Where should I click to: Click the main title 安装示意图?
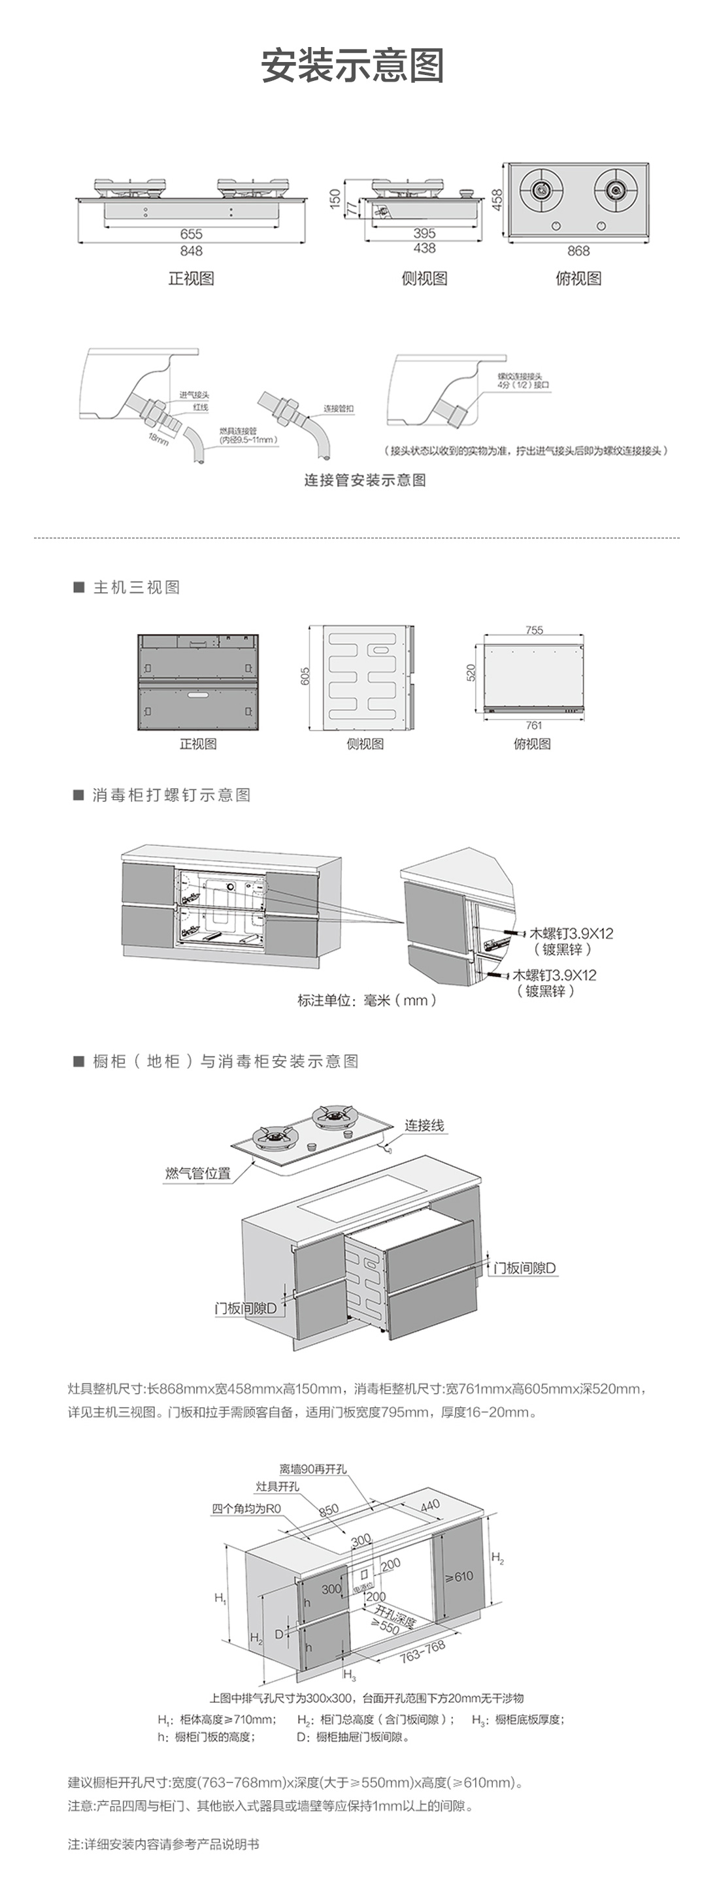[x=352, y=66]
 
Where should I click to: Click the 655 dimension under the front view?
[x=191, y=234]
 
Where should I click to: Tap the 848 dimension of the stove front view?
[x=191, y=251]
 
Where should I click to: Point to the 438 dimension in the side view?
[x=424, y=249]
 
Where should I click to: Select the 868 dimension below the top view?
[x=578, y=251]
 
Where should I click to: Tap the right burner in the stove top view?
[x=615, y=189]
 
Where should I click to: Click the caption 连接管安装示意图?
[x=365, y=480]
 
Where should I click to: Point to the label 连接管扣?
[x=339, y=408]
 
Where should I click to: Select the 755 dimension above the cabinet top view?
[x=534, y=630]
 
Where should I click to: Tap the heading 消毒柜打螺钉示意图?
[x=171, y=795]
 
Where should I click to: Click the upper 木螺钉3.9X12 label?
[x=571, y=933]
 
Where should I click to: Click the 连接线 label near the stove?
[x=425, y=1126]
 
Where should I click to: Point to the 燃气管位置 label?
[x=197, y=1173]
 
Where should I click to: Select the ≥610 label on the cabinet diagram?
[x=459, y=1576]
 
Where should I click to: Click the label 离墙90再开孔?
[x=312, y=1468]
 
